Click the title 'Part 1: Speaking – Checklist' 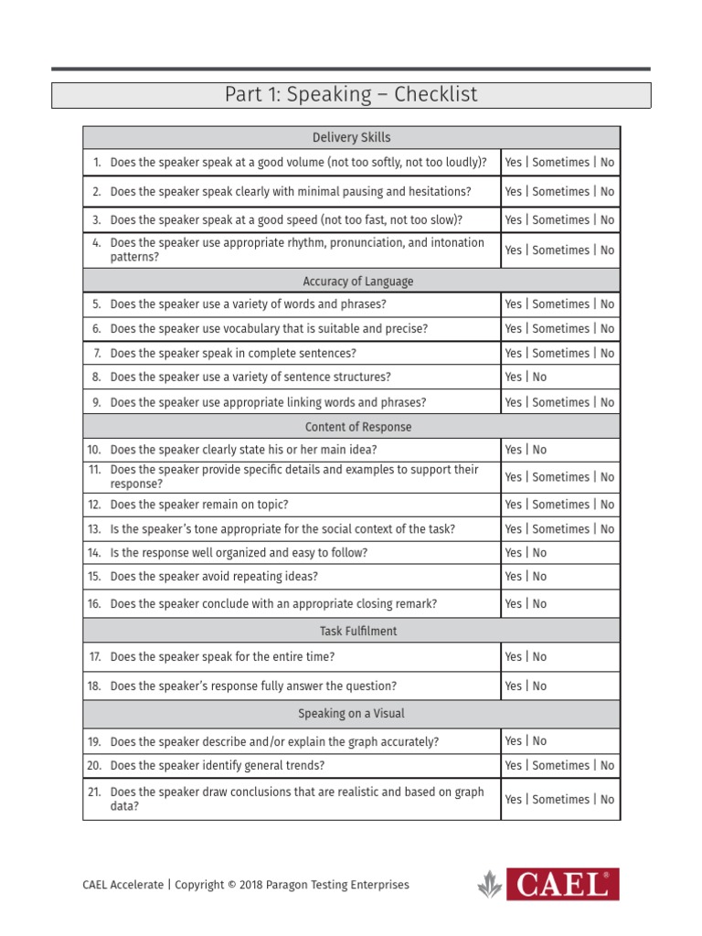click(351, 95)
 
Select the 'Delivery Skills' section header click(351, 138)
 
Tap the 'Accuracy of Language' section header click(351, 281)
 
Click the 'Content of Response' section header click(351, 427)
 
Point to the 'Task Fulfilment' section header click(351, 631)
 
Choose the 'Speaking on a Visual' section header click(351, 714)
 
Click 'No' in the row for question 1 click(607, 163)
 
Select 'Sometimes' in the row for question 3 click(560, 220)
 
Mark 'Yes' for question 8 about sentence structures click(513, 378)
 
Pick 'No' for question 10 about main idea click(539, 450)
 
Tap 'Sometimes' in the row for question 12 click(560, 505)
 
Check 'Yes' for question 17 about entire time click(513, 657)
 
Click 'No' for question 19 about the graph click(539, 741)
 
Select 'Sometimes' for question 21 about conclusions click(560, 800)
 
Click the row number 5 click(96, 304)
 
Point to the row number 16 click(94, 604)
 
